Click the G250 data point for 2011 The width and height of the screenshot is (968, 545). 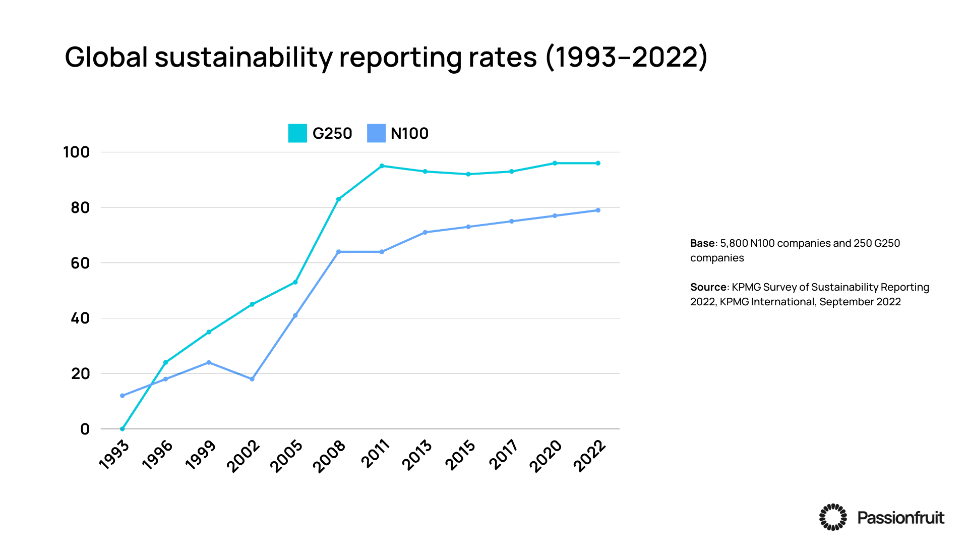[x=382, y=166]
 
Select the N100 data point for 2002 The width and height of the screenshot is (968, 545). [x=252, y=379]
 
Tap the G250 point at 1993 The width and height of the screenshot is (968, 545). [x=123, y=429]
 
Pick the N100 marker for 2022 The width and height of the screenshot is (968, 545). [x=598, y=210]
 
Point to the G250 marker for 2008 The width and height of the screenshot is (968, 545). [x=339, y=199]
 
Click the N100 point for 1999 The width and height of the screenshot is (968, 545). [x=209, y=362]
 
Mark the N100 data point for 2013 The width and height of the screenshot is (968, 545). [x=425, y=233]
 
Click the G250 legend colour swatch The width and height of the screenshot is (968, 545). [x=297, y=133]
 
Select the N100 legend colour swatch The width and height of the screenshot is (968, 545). [x=376, y=133]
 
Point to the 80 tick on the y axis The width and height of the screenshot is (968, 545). [x=80, y=207]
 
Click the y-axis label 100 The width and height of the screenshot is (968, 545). [x=76, y=152]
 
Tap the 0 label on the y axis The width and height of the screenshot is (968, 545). [x=85, y=429]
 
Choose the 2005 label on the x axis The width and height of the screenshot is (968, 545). [x=286, y=456]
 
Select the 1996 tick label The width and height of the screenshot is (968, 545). [x=157, y=455]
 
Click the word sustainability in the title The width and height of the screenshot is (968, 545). [x=244, y=58]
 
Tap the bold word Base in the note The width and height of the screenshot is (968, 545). [x=702, y=243]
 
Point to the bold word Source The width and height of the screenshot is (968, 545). [x=708, y=287]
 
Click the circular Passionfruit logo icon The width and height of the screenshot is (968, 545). [x=833, y=517]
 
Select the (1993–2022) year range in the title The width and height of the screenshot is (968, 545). [x=627, y=58]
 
